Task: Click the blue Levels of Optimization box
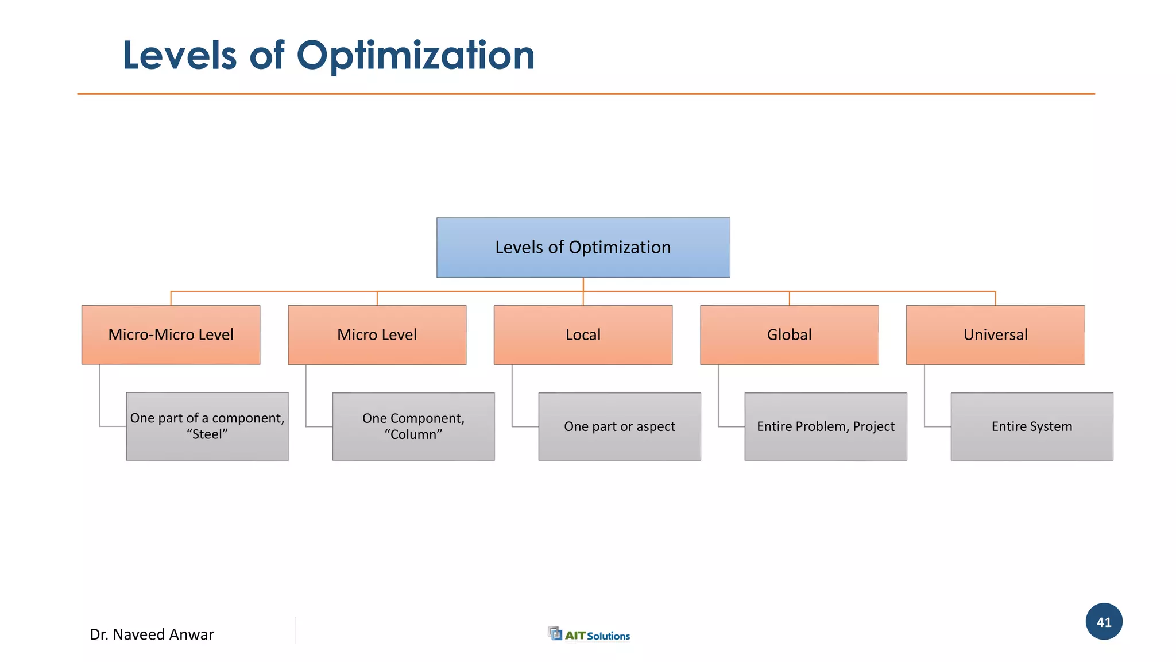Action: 583,248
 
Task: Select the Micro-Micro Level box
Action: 171,334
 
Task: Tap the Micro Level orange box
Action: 377,334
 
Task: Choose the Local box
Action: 583,334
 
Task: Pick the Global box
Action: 789,334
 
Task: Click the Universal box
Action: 995,334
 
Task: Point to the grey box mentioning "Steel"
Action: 207,426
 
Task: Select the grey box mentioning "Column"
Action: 413,426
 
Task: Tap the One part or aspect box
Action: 620,426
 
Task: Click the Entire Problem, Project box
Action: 826,426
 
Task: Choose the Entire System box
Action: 1032,426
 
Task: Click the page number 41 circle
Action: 1104,622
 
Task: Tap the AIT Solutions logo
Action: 589,634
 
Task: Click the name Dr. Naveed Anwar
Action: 152,634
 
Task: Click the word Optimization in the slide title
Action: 415,56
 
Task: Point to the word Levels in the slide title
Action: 180,56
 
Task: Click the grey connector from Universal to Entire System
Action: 924,402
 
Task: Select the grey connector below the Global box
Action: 718,402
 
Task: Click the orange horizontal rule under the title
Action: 586,94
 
